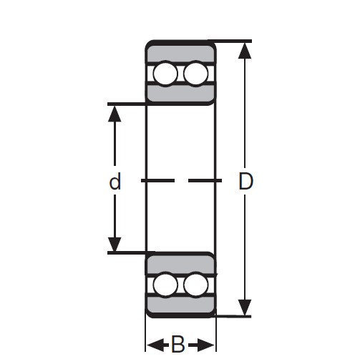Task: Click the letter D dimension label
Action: [x=246, y=182]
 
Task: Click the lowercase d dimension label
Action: [x=115, y=182]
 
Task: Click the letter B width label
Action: [x=179, y=347]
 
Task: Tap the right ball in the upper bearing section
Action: [x=194, y=74]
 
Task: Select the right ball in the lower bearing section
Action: [x=194, y=285]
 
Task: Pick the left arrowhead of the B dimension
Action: [x=154, y=347]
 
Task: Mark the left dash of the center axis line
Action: [x=157, y=181]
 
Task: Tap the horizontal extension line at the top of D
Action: [x=233, y=41]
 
